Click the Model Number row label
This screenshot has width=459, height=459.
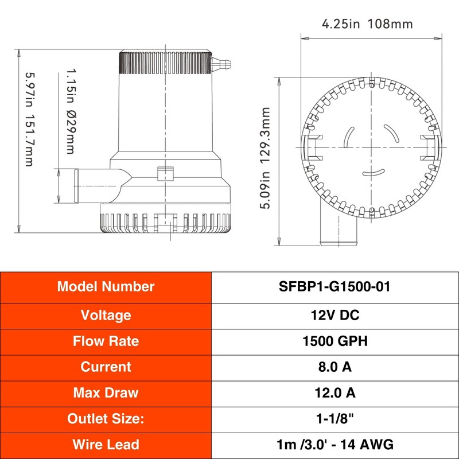click(106, 287)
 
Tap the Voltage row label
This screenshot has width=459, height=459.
click(106, 315)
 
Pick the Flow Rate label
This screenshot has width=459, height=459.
click(106, 341)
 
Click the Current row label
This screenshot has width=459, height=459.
click(106, 367)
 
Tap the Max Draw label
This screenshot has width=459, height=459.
click(106, 393)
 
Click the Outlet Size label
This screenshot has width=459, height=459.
click(106, 419)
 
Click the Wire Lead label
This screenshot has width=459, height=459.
click(106, 444)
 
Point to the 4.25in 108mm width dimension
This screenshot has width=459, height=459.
click(367, 24)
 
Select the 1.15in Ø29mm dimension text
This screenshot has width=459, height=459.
click(71, 112)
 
